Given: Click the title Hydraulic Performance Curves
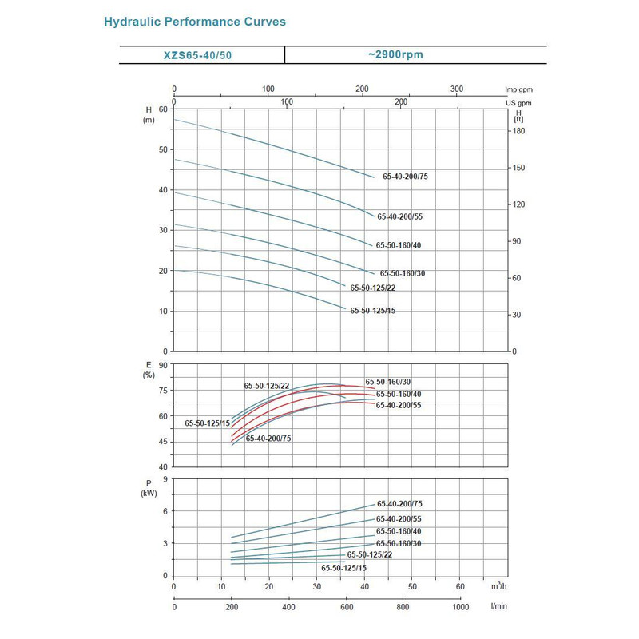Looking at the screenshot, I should pyautogui.click(x=195, y=22).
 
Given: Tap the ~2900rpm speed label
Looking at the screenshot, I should pyautogui.click(x=395, y=54).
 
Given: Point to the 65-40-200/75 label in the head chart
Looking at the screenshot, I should pyautogui.click(x=406, y=176).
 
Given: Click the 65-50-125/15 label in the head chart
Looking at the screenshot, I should pyautogui.click(x=372, y=310).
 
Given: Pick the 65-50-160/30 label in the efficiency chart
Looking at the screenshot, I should pyautogui.click(x=388, y=382).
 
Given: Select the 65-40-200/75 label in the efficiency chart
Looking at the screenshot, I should pyautogui.click(x=268, y=439).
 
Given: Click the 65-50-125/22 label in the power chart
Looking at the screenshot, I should pyautogui.click(x=370, y=554).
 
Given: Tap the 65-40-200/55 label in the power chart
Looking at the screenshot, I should pyautogui.click(x=399, y=519).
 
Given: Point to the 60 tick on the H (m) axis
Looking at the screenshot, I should pyautogui.click(x=164, y=109).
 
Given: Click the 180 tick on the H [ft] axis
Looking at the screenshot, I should pyautogui.click(x=518, y=131).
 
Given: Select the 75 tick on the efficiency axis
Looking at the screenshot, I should pyautogui.click(x=164, y=391).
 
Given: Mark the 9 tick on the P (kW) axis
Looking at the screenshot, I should pyautogui.click(x=165, y=479).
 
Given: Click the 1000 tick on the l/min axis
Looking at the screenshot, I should pyautogui.click(x=461, y=607).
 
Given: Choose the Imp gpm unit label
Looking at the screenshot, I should pyautogui.click(x=518, y=89).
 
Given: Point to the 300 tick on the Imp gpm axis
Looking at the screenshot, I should pyautogui.click(x=457, y=89).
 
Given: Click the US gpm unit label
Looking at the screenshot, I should pyautogui.click(x=518, y=103).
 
